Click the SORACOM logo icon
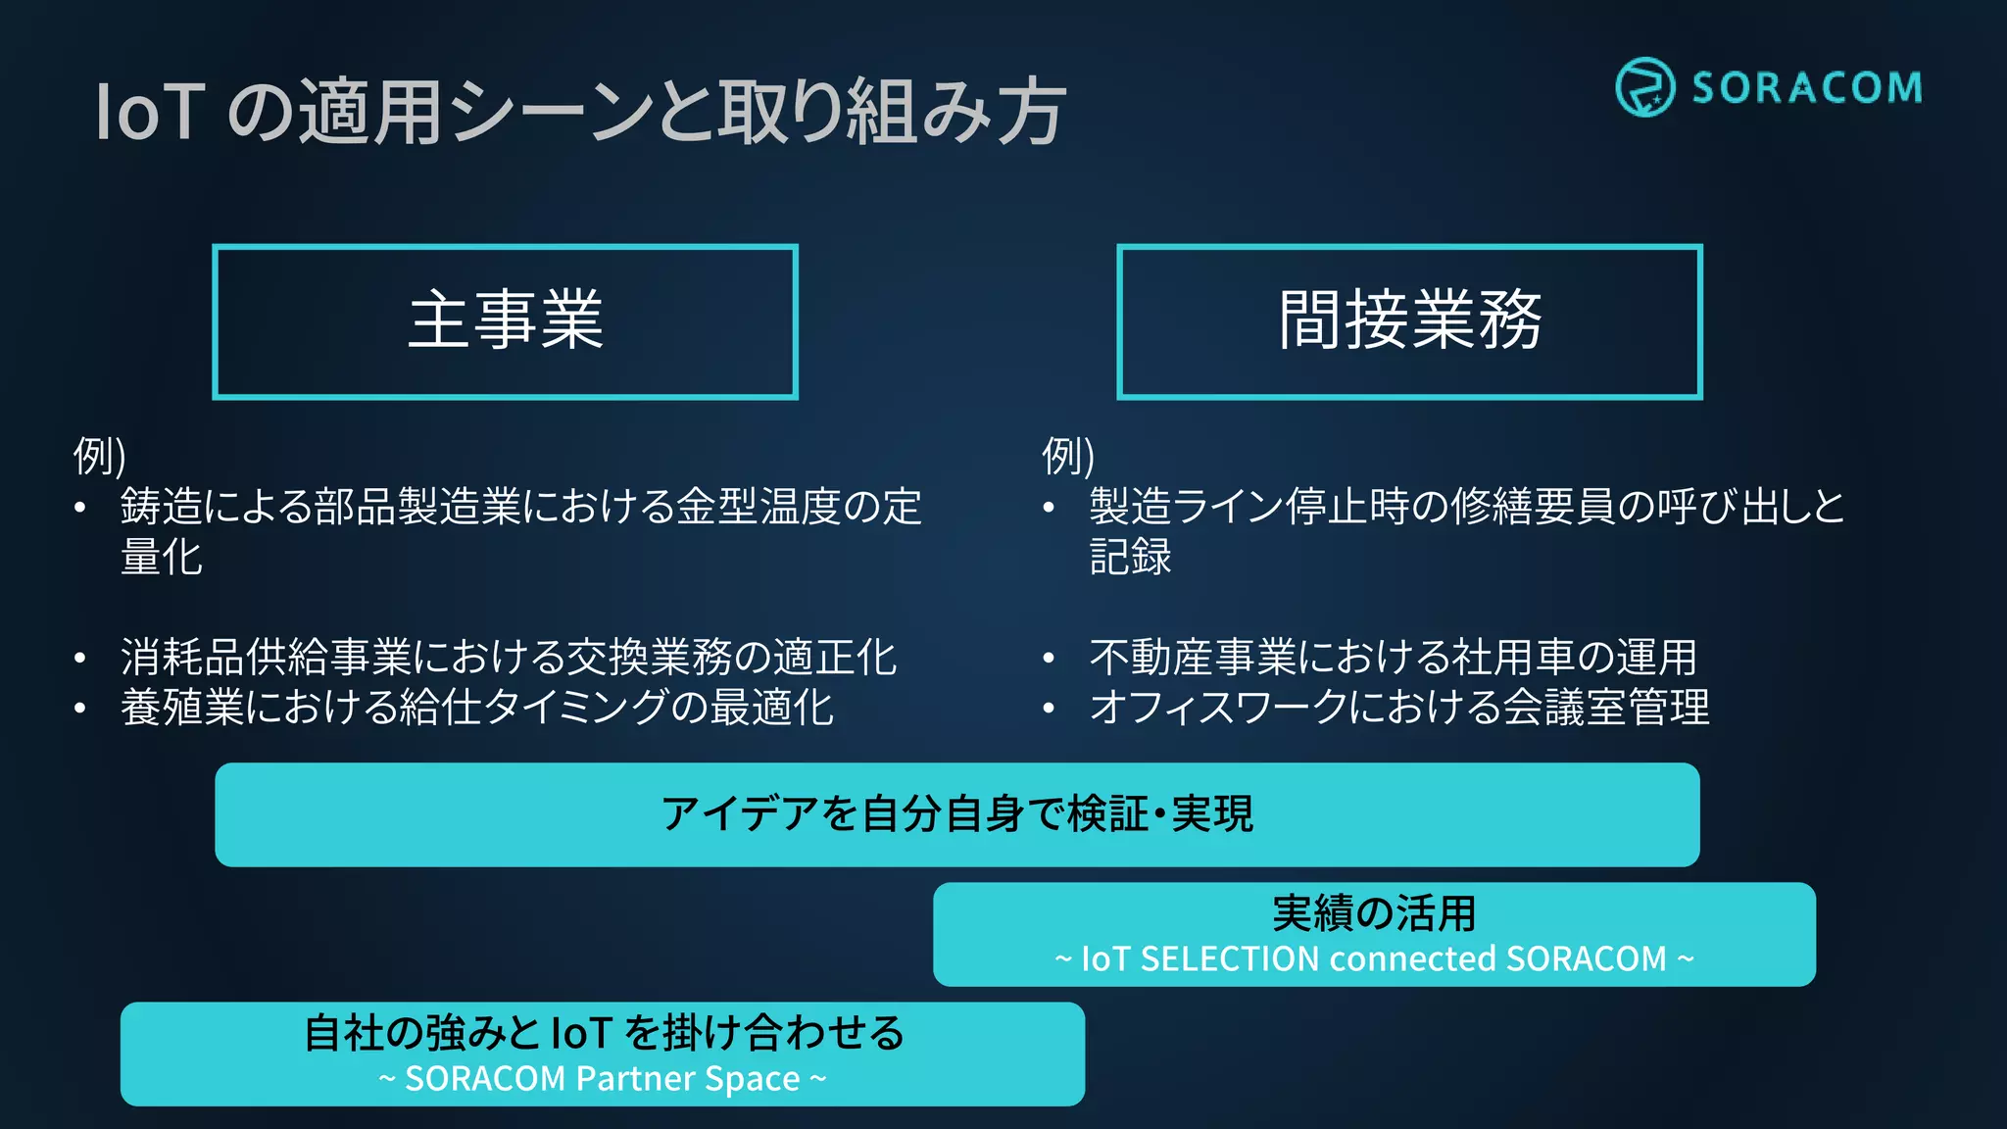click(x=1644, y=87)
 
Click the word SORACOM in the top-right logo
click(x=1806, y=88)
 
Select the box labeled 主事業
click(x=506, y=321)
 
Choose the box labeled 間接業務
click(x=1409, y=321)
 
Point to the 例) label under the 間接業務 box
click(x=1068, y=456)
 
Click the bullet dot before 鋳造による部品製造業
click(x=80, y=508)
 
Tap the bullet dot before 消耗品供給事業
click(x=80, y=659)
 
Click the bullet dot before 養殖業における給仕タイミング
click(x=80, y=709)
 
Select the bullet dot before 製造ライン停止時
click(x=1049, y=508)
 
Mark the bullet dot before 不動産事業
click(x=1049, y=659)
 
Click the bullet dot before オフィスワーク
click(x=1049, y=709)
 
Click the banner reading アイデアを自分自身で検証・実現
click(x=956, y=814)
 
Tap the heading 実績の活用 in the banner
click(x=1374, y=913)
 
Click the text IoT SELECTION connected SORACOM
click(x=1374, y=958)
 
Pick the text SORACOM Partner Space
click(x=603, y=1079)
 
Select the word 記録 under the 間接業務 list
click(x=1130, y=557)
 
